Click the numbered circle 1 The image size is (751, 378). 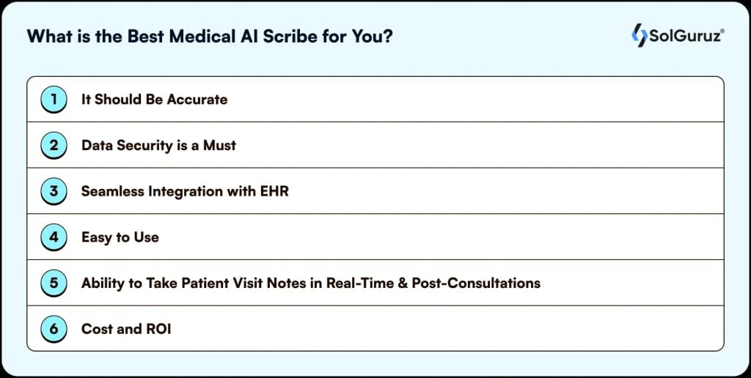(54, 99)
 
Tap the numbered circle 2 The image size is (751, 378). (54, 145)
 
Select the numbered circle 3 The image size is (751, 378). (54, 191)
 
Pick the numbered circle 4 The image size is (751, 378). (54, 237)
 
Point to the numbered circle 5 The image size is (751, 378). (54, 283)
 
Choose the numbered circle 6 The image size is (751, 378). (54, 329)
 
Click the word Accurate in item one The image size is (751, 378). (197, 99)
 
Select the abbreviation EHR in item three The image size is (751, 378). (274, 191)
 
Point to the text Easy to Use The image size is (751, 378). (120, 237)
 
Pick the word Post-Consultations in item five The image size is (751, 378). (476, 283)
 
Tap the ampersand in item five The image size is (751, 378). (402, 283)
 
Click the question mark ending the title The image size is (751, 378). (388, 37)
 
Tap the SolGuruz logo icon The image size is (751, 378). (639, 35)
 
